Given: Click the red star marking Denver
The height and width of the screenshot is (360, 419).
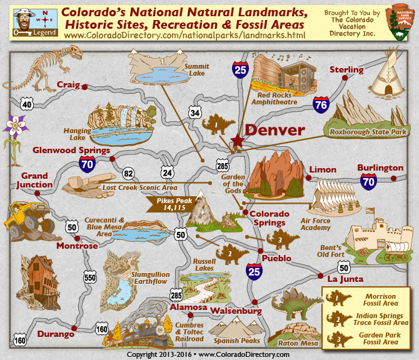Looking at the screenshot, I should coord(237,141).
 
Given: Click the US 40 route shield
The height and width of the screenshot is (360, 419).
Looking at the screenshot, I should coord(26,104).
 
